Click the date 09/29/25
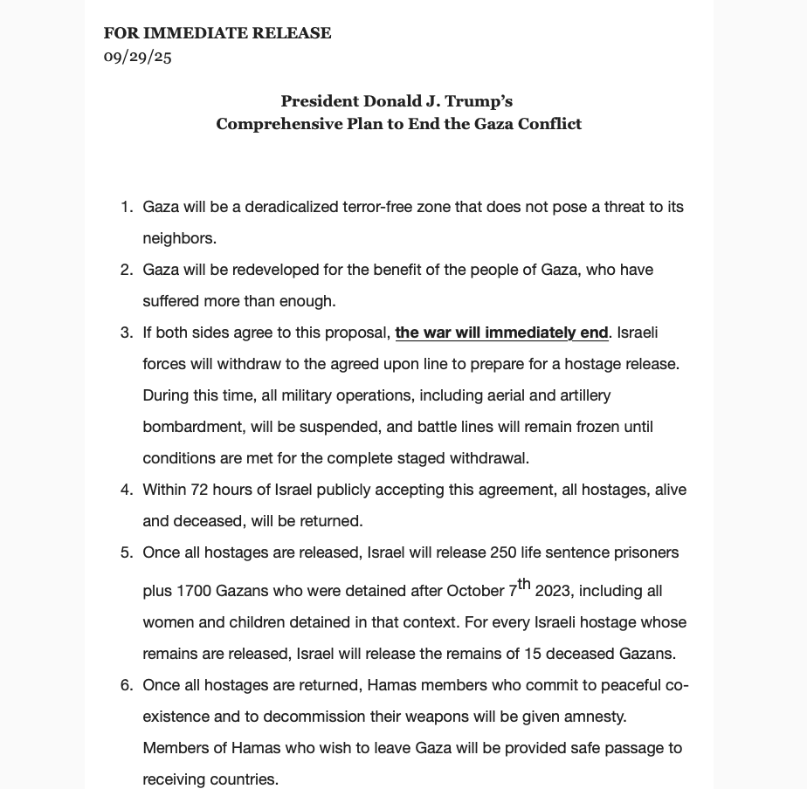(x=137, y=57)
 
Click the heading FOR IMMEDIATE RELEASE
(x=217, y=33)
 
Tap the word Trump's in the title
(x=479, y=101)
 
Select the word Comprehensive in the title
(x=267, y=124)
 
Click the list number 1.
(x=126, y=207)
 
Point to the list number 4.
(x=126, y=490)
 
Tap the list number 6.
(x=126, y=685)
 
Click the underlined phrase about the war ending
(x=501, y=333)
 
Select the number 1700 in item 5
(x=193, y=591)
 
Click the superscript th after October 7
(x=524, y=584)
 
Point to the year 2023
(x=552, y=591)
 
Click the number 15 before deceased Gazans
(x=534, y=654)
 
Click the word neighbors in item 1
(x=178, y=238)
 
